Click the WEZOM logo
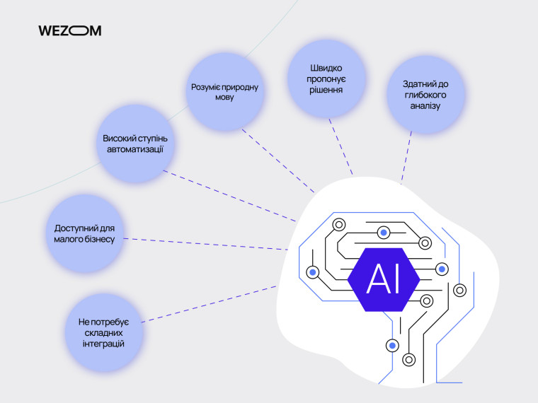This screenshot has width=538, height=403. tap(69, 30)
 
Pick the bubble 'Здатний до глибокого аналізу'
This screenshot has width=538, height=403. tap(425, 95)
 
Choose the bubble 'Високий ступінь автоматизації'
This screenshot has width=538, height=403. tap(134, 144)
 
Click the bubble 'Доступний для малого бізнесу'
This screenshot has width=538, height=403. tap(85, 234)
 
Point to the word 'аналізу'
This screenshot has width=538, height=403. tap(425, 106)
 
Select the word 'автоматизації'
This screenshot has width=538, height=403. tap(134, 150)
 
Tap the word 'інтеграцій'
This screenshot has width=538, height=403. tap(103, 344)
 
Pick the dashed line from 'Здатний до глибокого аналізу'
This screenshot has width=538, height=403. tap(406, 156)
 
